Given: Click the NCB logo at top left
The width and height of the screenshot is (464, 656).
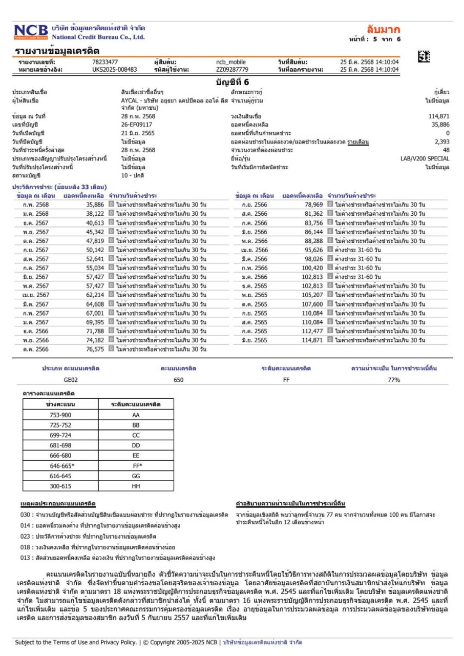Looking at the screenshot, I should click(31, 32).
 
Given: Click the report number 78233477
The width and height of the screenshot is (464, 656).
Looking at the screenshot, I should click(105, 63).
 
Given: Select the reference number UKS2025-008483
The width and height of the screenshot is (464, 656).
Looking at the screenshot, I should click(115, 70).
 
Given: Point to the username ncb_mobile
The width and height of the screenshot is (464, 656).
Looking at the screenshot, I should click(231, 63).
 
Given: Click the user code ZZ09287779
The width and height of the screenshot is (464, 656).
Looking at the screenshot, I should click(232, 70).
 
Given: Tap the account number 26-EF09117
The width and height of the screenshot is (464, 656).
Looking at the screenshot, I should click(136, 125).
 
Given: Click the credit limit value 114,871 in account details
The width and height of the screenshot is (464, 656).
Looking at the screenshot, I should click(439, 116).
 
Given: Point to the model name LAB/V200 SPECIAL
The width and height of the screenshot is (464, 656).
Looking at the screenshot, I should click(425, 159).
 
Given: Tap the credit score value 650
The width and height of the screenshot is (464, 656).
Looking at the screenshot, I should click(178, 380).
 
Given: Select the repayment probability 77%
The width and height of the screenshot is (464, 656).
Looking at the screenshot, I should click(393, 380).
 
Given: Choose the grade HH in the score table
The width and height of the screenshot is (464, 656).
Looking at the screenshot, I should click(136, 485).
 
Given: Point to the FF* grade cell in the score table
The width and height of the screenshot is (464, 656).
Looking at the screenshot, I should click(136, 466).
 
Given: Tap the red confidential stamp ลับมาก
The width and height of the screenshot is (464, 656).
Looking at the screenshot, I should click(383, 29).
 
